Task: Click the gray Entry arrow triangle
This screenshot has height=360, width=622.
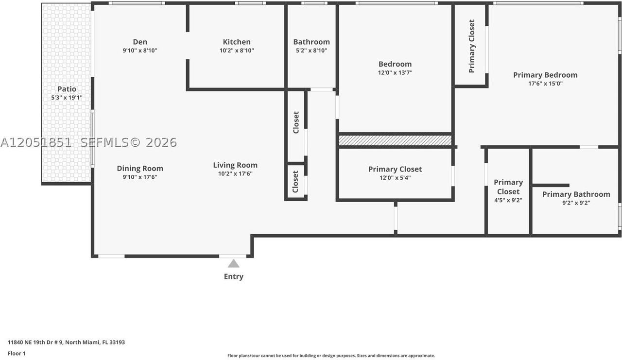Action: [234, 264]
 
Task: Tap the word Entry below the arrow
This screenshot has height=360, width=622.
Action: [234, 276]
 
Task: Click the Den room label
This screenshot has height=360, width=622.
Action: [140, 42]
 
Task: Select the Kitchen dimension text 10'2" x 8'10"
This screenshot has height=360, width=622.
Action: [237, 51]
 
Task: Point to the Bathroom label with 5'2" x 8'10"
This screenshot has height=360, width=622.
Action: [311, 42]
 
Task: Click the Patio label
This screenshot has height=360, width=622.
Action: [67, 89]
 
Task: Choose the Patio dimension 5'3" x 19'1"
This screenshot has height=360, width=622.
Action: [67, 98]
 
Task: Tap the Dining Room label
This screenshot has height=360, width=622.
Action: [140, 169]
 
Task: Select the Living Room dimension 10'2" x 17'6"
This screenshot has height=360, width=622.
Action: [235, 174]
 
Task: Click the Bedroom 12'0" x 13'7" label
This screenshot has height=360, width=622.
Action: [395, 64]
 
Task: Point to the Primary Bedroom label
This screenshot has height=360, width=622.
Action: [545, 75]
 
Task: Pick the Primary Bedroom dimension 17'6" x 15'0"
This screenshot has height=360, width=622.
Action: [545, 84]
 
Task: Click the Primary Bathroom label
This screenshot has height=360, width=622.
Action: [576, 194]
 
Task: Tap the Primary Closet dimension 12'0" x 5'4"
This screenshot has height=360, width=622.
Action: [395, 178]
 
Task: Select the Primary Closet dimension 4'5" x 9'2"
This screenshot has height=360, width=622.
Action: [508, 200]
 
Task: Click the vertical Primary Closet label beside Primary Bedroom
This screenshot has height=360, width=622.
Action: [472, 46]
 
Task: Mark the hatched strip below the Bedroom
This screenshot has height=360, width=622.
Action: [395, 140]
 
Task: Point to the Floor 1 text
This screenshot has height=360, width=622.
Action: [17, 353]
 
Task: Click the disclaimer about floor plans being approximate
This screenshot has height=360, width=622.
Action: [331, 356]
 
